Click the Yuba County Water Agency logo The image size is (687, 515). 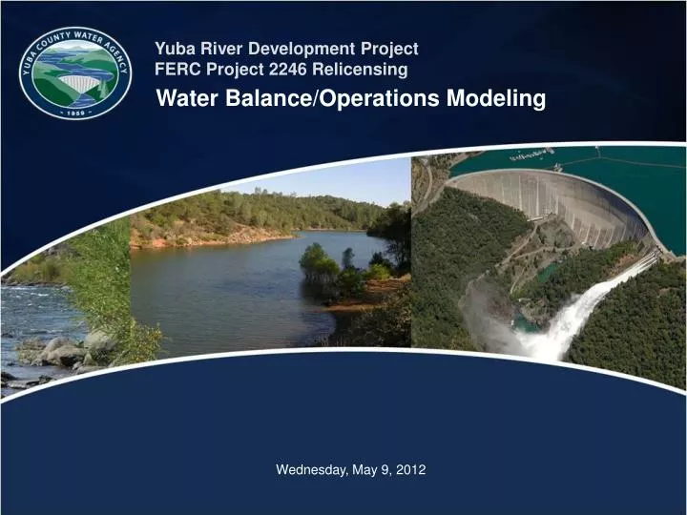click(75, 72)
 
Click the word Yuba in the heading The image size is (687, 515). click(173, 48)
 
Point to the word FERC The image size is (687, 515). click(176, 70)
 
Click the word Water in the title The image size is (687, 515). click(188, 98)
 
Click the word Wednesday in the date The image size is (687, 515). click(310, 469)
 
